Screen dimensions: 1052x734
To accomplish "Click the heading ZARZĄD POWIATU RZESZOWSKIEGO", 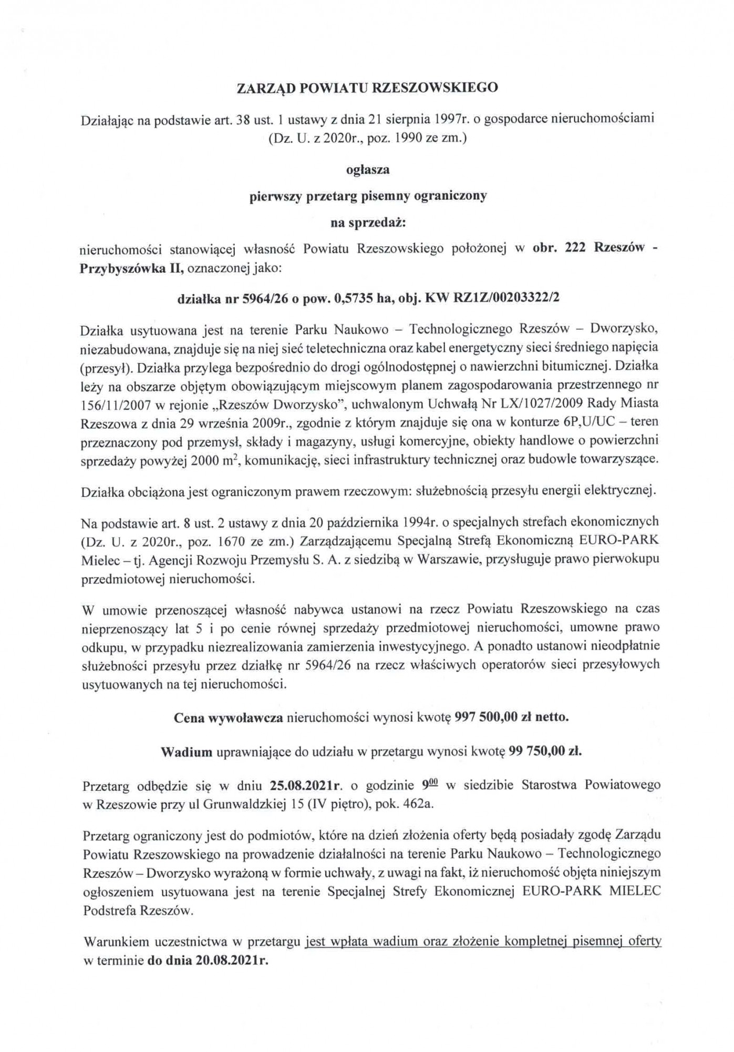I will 367,88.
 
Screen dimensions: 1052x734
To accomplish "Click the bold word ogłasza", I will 367,170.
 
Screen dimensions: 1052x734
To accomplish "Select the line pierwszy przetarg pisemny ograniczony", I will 367,196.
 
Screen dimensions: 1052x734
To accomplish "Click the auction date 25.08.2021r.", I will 307,785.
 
